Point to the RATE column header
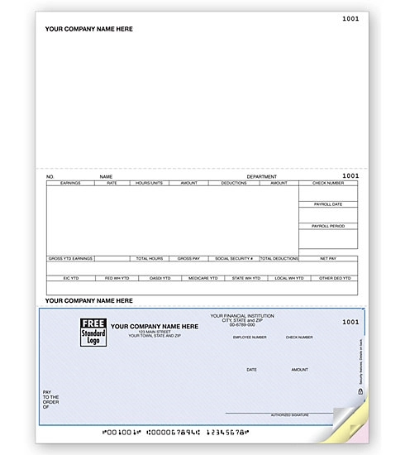[x=112, y=182]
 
